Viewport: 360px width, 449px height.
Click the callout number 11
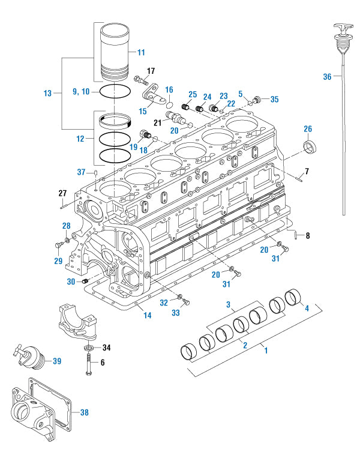pyautogui.click(x=141, y=53)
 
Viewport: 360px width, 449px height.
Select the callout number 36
pyautogui.click(x=327, y=77)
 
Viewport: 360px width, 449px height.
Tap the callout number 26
pyautogui.click(x=308, y=128)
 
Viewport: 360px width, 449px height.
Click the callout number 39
pyautogui.click(x=57, y=361)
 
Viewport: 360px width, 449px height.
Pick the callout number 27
pyautogui.click(x=62, y=193)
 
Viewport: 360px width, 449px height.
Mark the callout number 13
pyautogui.click(x=48, y=93)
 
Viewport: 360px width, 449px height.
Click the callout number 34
pyautogui.click(x=107, y=347)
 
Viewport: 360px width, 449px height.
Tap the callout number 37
pyautogui.click(x=82, y=172)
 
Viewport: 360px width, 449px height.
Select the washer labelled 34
pyautogui.click(x=88, y=348)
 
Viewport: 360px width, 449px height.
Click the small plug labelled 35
pyautogui.click(x=258, y=98)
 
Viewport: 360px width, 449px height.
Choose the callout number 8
pyautogui.click(x=308, y=235)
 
